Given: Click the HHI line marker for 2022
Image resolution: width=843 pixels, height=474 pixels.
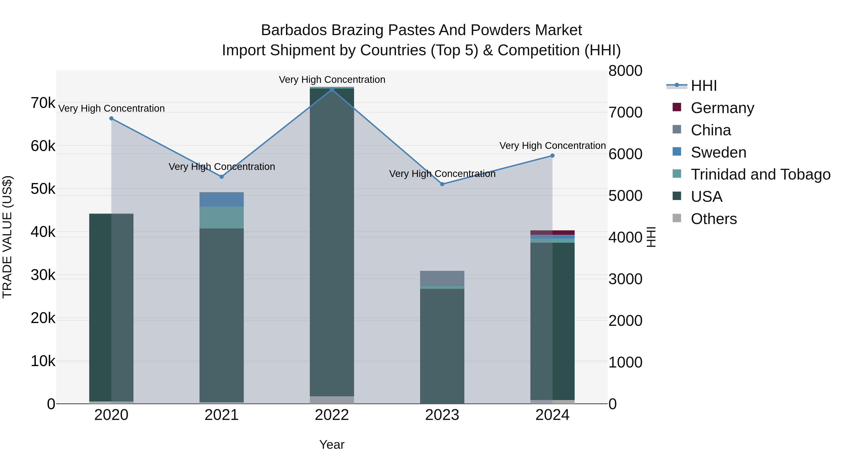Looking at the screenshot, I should pyautogui.click(x=332, y=90).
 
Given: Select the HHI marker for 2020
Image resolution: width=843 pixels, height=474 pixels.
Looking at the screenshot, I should pyautogui.click(x=111, y=118).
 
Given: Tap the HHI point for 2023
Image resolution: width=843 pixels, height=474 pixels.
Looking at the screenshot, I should pyautogui.click(x=442, y=184).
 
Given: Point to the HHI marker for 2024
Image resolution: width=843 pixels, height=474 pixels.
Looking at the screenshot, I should pyautogui.click(x=552, y=156).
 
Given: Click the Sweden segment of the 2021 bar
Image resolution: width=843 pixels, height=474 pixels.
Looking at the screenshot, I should pyautogui.click(x=222, y=199).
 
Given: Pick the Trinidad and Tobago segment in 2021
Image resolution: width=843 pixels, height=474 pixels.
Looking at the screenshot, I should pyautogui.click(x=222, y=217).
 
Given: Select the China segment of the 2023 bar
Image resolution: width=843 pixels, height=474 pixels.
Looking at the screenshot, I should pyautogui.click(x=442, y=278).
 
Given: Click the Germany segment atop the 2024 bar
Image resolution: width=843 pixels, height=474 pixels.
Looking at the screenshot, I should pyautogui.click(x=552, y=233).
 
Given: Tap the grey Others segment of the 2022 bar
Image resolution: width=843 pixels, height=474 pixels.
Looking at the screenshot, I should pyautogui.click(x=332, y=400).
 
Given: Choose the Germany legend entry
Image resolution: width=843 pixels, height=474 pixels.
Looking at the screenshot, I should pyautogui.click(x=722, y=108).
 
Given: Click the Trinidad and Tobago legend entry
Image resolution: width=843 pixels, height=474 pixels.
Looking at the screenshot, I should pyautogui.click(x=760, y=174).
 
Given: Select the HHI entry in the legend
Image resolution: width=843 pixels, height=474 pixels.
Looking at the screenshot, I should pyautogui.click(x=704, y=86).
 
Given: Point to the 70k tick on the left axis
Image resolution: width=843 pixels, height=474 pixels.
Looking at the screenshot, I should pyautogui.click(x=43, y=103).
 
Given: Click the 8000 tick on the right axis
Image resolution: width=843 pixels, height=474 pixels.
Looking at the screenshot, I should pyautogui.click(x=625, y=71).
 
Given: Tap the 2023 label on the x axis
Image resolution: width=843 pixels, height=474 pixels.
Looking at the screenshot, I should pyautogui.click(x=442, y=415).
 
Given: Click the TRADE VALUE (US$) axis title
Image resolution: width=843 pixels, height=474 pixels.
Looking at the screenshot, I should pyautogui.click(x=7, y=237).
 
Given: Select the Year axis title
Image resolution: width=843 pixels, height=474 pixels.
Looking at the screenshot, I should pyautogui.click(x=332, y=445).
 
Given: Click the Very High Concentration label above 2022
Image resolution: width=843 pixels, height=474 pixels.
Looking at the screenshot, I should pyautogui.click(x=332, y=80).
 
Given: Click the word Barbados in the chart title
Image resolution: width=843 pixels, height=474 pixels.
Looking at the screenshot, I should pyautogui.click(x=294, y=30).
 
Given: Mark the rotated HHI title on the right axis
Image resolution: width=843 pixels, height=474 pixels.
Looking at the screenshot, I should pyautogui.click(x=651, y=237).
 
